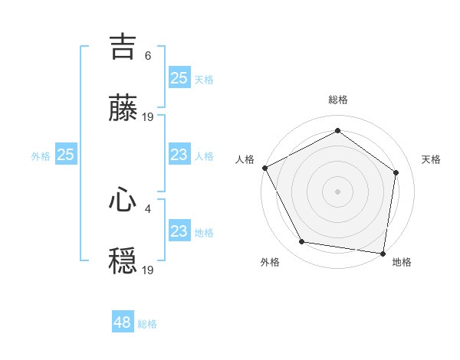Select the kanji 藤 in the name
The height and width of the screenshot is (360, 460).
[123, 109]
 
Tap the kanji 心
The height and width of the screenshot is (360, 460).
[123, 201]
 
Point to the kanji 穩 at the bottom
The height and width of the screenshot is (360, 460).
[123, 261]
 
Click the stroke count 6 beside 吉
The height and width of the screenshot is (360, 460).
[148, 55]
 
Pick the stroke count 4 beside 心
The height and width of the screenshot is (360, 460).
[148, 207]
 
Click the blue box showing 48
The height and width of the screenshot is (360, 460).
[123, 322]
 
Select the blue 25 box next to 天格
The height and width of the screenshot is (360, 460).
[179, 77]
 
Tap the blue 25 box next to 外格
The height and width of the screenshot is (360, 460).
[65, 155]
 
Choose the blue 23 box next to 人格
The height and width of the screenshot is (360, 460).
[179, 155]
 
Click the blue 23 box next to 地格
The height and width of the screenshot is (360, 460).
[179, 231]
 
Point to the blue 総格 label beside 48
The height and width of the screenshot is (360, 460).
[147, 324]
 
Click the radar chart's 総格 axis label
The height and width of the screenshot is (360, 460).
[338, 100]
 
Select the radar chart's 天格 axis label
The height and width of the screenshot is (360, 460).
[432, 159]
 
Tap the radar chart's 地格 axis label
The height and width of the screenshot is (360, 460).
[402, 263]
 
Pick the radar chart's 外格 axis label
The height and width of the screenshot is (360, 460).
[270, 263]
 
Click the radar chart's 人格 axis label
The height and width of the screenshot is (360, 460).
[245, 159]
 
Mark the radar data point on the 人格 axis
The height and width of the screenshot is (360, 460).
[264, 168]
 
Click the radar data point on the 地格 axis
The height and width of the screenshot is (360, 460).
[383, 253]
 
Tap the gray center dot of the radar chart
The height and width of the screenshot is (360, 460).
[338, 191]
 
